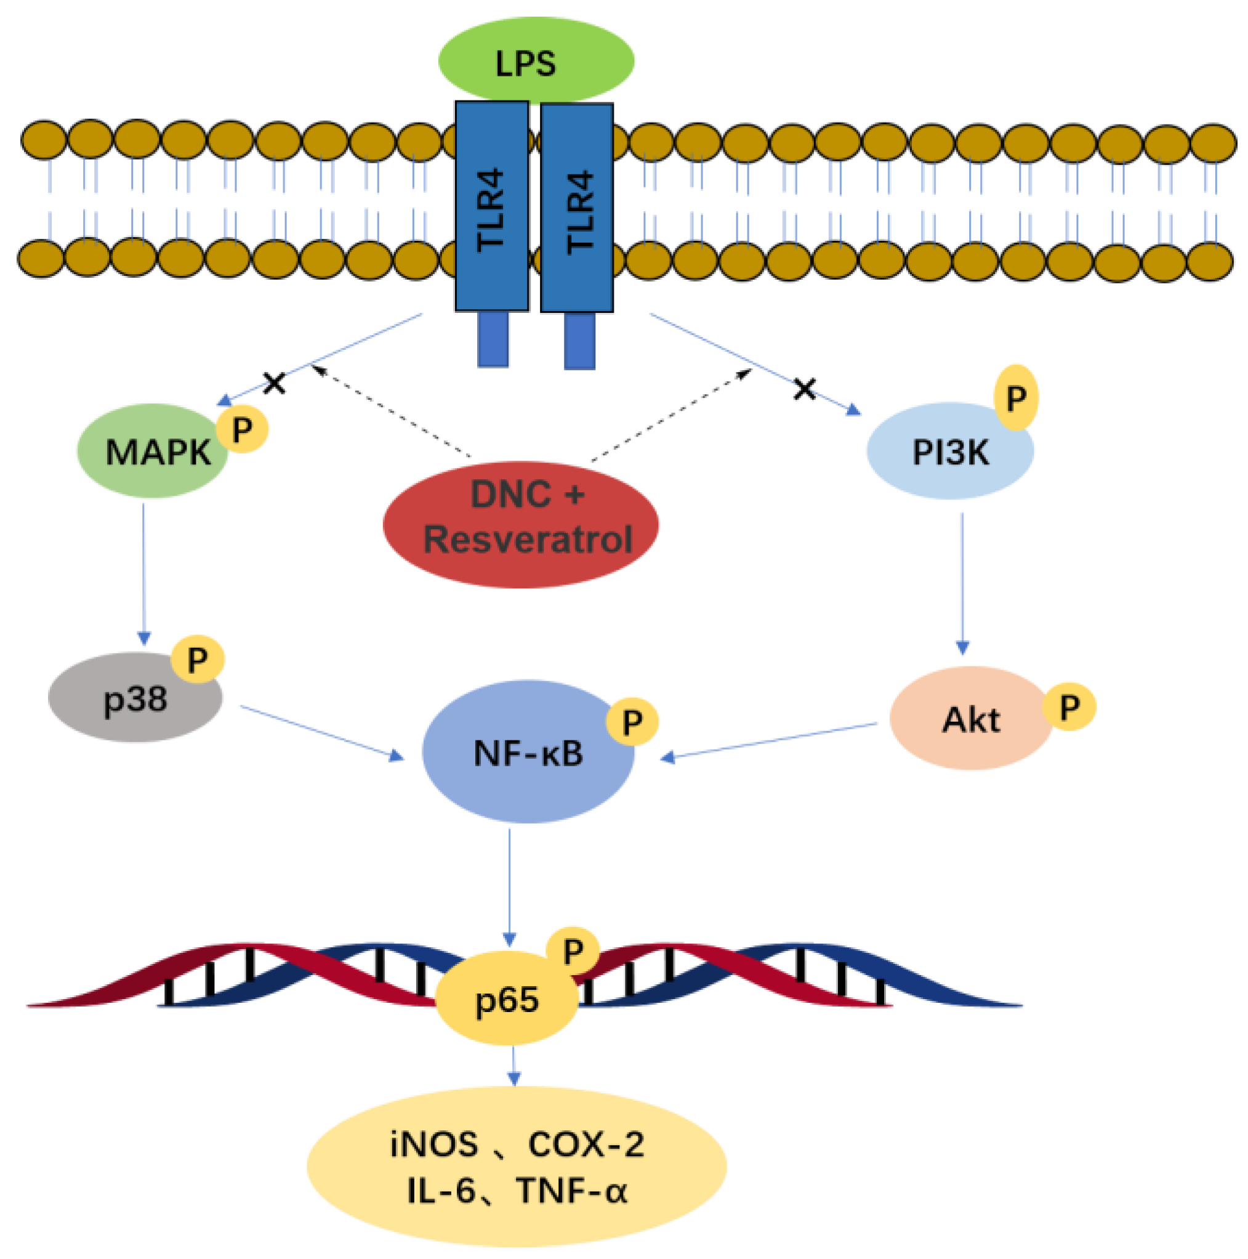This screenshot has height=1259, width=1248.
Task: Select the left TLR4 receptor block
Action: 491,206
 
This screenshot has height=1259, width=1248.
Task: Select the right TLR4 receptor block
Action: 576,207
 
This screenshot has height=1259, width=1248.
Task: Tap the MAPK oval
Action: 153,451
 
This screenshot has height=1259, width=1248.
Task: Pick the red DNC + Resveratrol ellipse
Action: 520,525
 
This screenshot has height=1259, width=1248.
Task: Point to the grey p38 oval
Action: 135,698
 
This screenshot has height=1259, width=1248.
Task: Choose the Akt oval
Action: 970,718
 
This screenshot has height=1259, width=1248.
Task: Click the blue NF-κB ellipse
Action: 528,751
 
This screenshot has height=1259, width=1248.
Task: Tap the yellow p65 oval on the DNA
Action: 507,999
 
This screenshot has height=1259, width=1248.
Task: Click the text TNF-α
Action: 571,1190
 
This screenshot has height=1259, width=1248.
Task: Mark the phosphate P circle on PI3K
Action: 1015,397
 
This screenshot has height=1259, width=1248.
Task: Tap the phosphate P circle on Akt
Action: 1069,706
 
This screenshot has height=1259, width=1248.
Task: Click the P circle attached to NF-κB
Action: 632,721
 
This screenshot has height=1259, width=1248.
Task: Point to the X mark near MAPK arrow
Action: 274,383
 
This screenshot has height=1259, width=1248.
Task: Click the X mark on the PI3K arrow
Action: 805,389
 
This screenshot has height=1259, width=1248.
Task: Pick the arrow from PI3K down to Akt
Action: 962,584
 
